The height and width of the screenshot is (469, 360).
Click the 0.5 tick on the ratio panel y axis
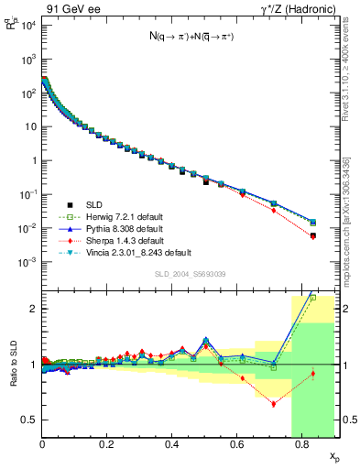pos(29,420)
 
